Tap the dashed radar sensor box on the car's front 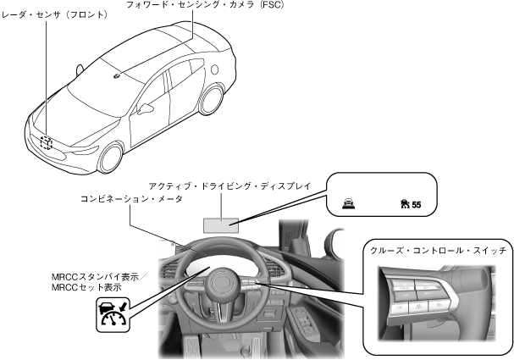pyautogui.click(x=45, y=143)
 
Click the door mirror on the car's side pyautogui.click(x=146, y=108)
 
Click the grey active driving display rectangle pyautogui.click(x=220, y=224)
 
